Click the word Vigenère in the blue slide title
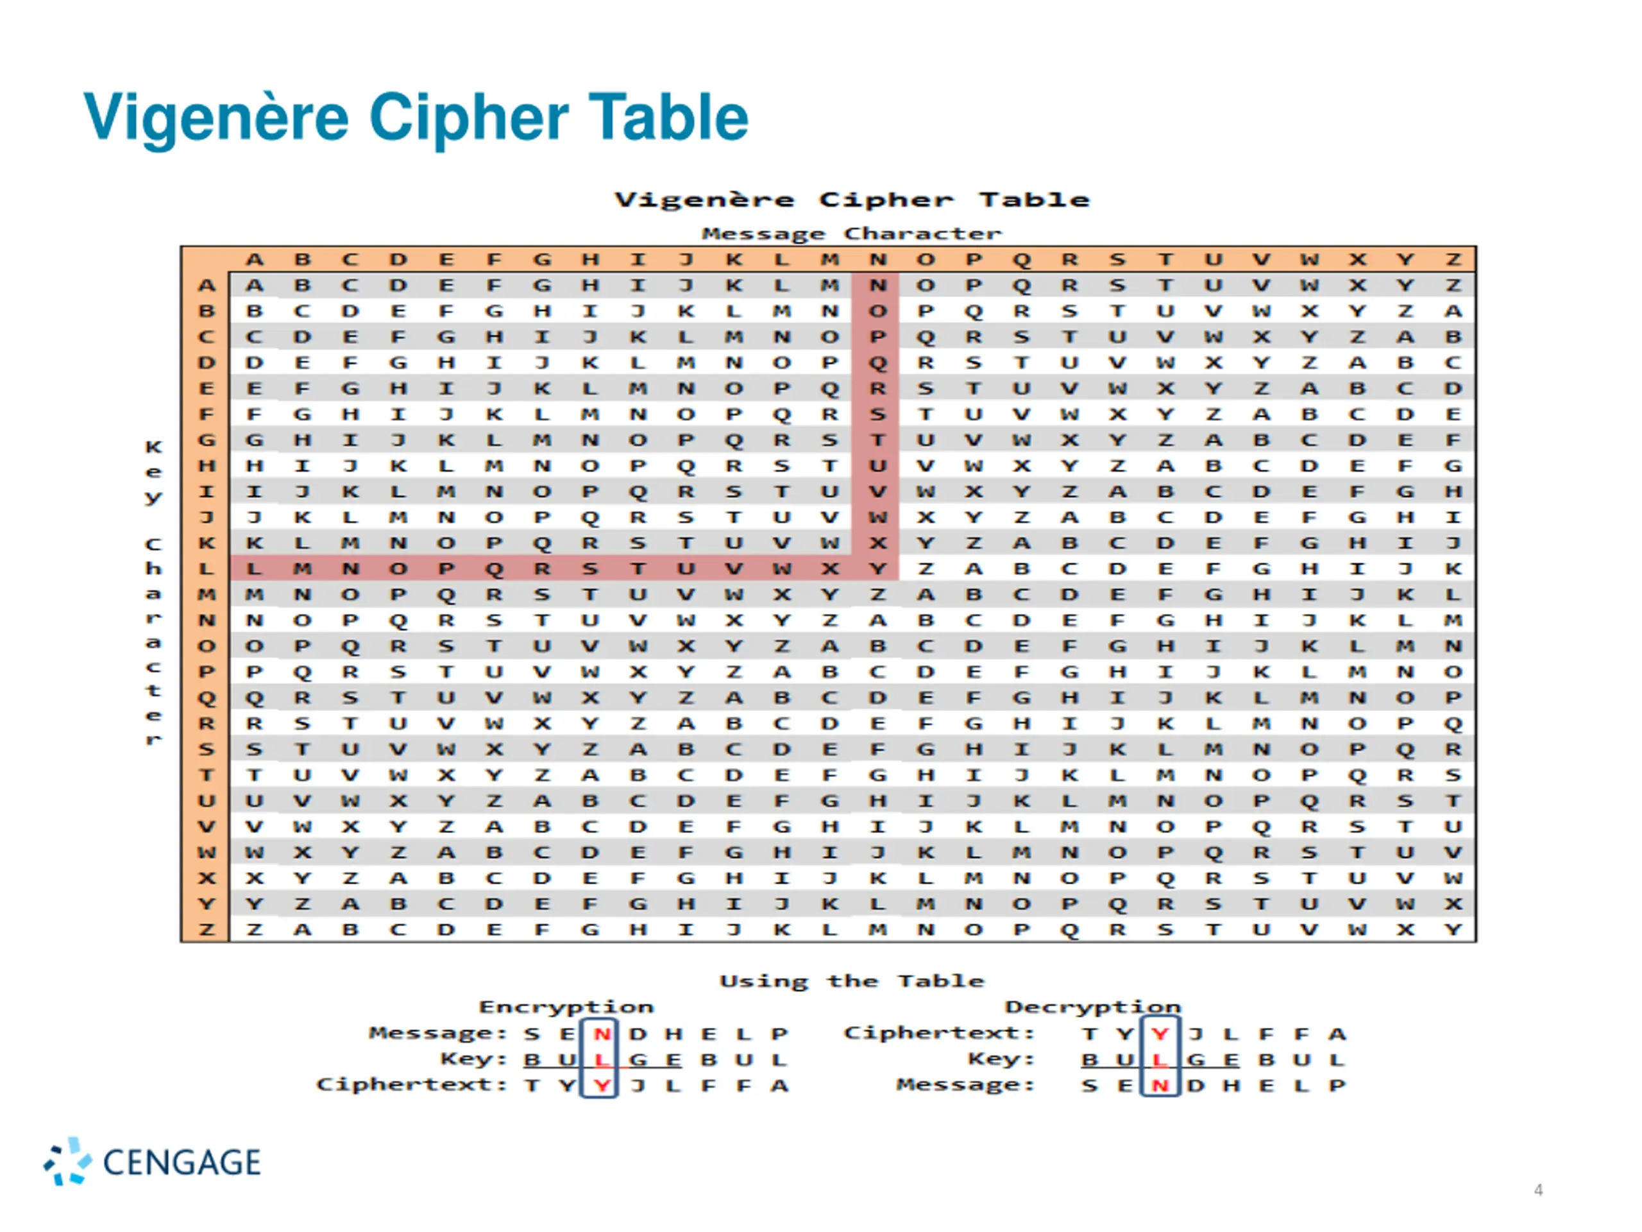[x=216, y=117]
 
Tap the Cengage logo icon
[x=67, y=1161]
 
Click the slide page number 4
[x=1538, y=1190]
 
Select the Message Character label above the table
[x=851, y=234]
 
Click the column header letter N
[x=877, y=260]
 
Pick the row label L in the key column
[x=207, y=570]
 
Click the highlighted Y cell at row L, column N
[x=877, y=570]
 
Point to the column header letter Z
[x=1453, y=260]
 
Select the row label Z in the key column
[x=207, y=930]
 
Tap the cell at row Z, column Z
[x=1453, y=930]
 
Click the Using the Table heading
[x=851, y=981]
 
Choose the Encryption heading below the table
[x=566, y=1007]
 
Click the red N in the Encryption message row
[x=601, y=1034]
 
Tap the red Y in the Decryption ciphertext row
[x=1160, y=1034]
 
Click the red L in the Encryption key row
[x=601, y=1060]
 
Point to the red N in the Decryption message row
[x=1160, y=1086]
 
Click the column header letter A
[x=254, y=260]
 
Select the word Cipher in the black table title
[x=885, y=200]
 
